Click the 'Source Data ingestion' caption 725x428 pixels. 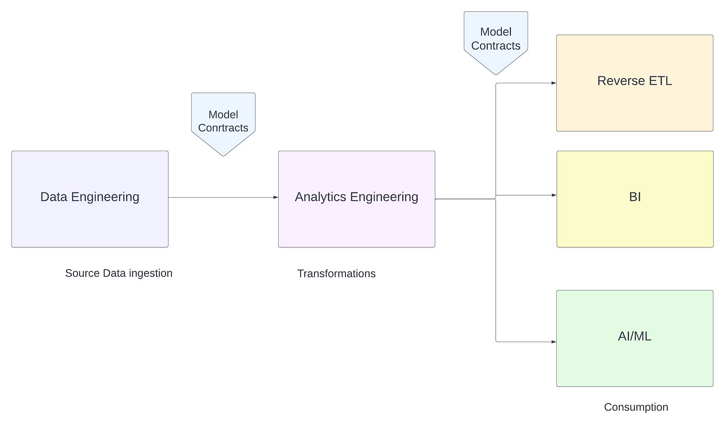coord(119,273)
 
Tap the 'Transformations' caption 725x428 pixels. coord(336,274)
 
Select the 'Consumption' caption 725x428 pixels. coord(636,407)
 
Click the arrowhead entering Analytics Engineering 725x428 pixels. coord(275,197)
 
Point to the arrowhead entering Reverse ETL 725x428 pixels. coord(554,83)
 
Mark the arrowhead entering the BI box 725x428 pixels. coord(554,195)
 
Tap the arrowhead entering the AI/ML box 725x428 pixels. coord(554,341)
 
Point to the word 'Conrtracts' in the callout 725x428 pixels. coord(223,128)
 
